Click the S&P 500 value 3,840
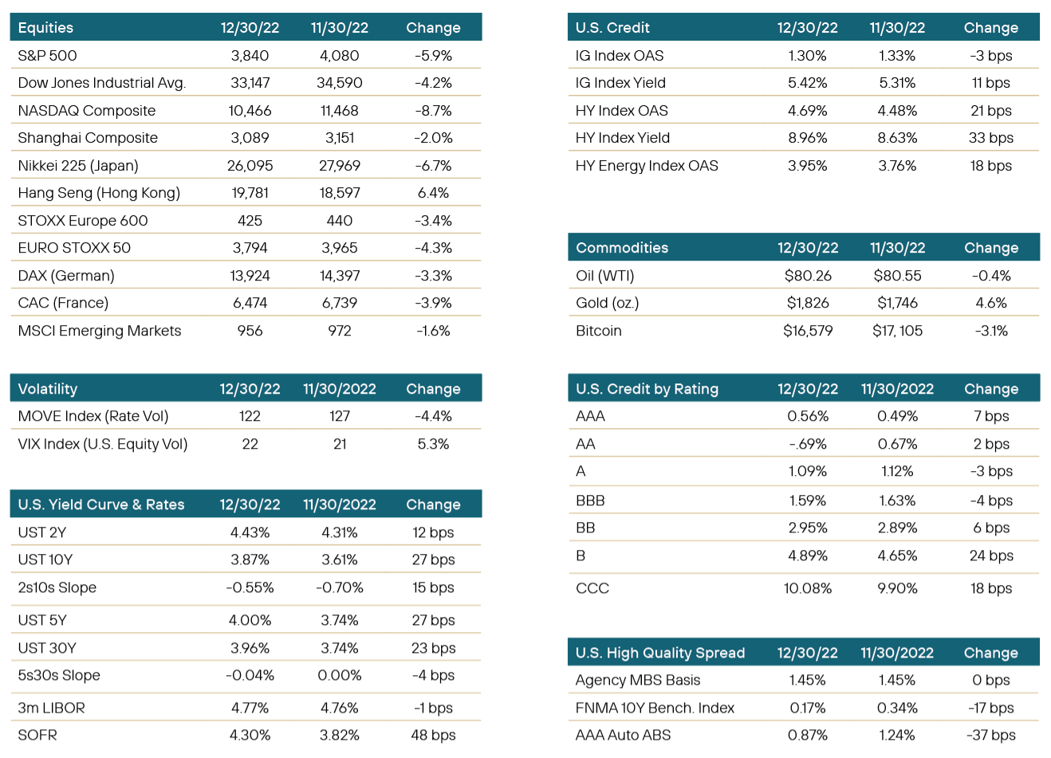(x=250, y=56)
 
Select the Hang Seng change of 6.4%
(x=433, y=193)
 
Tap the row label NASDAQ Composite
(x=87, y=111)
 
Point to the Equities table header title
(x=45, y=28)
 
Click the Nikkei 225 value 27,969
(x=339, y=166)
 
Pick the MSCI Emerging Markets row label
(x=100, y=331)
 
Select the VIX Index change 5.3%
(x=433, y=444)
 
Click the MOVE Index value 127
(x=339, y=416)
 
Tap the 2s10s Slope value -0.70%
(x=339, y=587)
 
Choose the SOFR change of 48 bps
(x=433, y=735)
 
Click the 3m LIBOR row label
(x=52, y=708)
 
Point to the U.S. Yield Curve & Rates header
(x=101, y=505)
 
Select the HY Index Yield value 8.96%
(x=807, y=138)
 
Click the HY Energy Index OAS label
(x=647, y=166)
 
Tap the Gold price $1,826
(x=808, y=303)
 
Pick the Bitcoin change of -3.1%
(x=991, y=331)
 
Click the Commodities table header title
(x=622, y=248)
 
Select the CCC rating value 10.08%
(x=807, y=588)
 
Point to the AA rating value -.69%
(x=807, y=444)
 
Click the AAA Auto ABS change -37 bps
(x=991, y=735)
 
